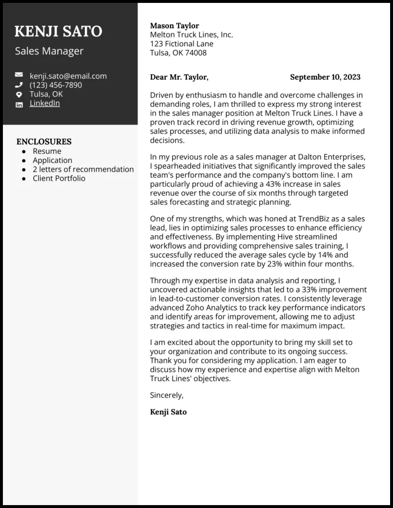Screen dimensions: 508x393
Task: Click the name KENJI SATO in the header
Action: (x=58, y=32)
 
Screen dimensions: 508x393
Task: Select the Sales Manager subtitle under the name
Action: (x=49, y=51)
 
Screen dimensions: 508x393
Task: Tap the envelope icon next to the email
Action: (x=19, y=75)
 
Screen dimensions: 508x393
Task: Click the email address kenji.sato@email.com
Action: (x=68, y=76)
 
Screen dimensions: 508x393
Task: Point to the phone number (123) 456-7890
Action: (x=56, y=85)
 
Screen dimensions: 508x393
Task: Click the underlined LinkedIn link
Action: (x=45, y=103)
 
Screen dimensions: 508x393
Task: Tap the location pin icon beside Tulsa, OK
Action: (x=19, y=95)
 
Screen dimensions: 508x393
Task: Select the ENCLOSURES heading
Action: (x=44, y=142)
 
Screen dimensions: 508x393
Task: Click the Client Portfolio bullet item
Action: (x=59, y=178)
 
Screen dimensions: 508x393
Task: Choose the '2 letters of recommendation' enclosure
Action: (x=83, y=169)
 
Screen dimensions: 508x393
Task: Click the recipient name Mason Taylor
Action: (x=175, y=26)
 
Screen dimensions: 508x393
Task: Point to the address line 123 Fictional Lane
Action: (x=181, y=44)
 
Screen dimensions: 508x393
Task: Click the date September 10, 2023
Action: (x=325, y=77)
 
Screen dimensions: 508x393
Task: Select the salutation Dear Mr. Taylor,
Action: (x=179, y=77)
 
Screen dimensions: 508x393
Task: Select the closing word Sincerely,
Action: (x=166, y=395)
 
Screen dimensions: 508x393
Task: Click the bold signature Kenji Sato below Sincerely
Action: (x=168, y=412)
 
